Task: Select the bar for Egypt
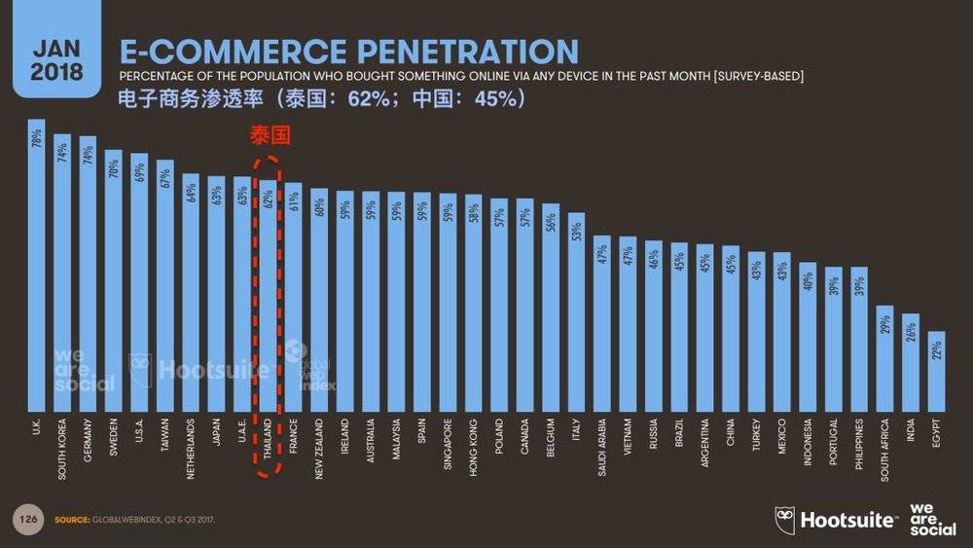[x=935, y=375]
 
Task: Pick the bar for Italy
[x=576, y=311]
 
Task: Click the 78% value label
[x=37, y=139]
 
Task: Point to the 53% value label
[x=576, y=232]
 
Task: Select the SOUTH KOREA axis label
[x=62, y=445]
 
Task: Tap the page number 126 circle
[x=27, y=519]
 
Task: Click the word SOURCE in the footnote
[x=70, y=519]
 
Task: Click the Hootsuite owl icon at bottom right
[x=785, y=519]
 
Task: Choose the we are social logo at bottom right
[x=931, y=519]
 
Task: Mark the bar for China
[x=730, y=331]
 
